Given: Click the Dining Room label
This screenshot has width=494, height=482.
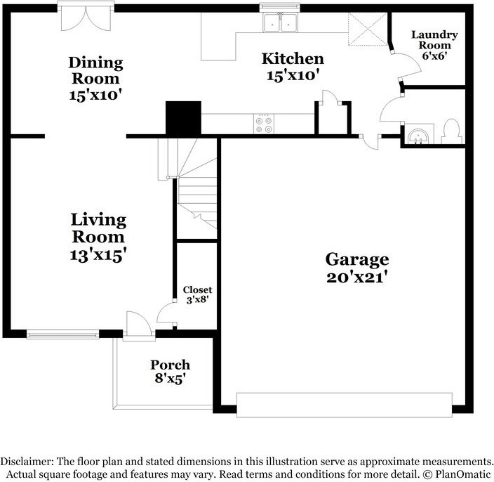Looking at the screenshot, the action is (95, 71).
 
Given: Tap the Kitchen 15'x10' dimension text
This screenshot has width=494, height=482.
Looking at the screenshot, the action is (291, 76).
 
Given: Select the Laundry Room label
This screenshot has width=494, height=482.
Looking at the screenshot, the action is (434, 40).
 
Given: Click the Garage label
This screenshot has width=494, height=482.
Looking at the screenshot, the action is (357, 259).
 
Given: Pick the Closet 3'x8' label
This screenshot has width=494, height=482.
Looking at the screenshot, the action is (198, 294).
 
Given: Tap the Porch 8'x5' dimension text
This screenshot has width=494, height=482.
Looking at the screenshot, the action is (170, 378).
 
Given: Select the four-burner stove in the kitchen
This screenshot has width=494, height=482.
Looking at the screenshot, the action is (264, 124).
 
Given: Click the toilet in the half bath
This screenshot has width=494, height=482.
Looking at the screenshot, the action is (452, 131).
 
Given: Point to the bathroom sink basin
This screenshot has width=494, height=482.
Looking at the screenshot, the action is (418, 136).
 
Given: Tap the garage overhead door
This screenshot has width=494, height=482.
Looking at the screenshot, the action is (345, 405).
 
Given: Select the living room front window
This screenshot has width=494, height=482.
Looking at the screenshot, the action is (62, 334).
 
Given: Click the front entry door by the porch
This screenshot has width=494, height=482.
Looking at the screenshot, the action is (139, 326).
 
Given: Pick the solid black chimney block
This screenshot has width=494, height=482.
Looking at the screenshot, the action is (183, 119).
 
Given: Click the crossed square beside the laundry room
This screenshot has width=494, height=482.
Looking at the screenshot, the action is (368, 29).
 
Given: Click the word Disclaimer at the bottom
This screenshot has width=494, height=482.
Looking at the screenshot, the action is (27, 462).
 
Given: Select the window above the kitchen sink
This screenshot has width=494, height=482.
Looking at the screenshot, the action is (279, 7).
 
